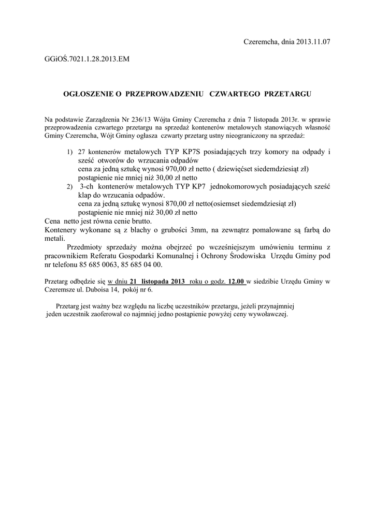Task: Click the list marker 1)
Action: pyautogui.click(x=70, y=152)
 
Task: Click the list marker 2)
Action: pyautogui.click(x=70, y=186)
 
